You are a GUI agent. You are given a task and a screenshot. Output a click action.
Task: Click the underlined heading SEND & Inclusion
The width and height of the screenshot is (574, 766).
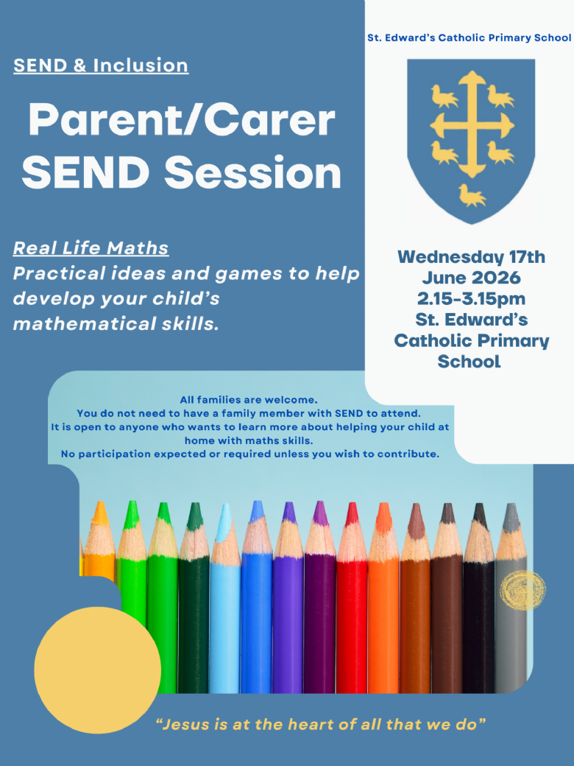tap(101, 66)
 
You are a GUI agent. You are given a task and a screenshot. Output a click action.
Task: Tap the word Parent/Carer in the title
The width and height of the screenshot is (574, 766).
tap(182, 121)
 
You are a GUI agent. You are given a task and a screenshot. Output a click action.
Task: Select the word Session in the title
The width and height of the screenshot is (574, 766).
tap(252, 173)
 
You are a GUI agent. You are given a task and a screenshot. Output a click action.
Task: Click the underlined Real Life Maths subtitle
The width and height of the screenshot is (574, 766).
tap(91, 248)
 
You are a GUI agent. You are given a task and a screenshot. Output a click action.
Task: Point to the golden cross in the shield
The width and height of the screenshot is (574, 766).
tap(472, 124)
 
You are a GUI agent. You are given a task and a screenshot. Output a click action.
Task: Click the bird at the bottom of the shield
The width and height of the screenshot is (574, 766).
tap(472, 195)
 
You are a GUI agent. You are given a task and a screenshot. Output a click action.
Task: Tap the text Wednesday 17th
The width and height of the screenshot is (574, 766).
tap(471, 257)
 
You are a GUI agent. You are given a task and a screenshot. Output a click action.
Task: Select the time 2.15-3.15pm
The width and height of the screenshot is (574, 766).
tap(471, 298)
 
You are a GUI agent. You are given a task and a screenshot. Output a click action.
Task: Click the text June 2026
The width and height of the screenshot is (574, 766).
tap(471, 278)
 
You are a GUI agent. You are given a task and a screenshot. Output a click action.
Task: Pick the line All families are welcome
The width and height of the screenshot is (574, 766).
tap(249, 400)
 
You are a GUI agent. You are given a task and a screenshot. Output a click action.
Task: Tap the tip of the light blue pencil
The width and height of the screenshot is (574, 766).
tap(225, 506)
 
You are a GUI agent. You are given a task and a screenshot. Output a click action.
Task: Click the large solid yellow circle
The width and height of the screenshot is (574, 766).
tap(98, 670)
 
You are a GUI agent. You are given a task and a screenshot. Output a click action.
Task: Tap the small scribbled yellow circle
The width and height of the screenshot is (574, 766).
tap(522, 590)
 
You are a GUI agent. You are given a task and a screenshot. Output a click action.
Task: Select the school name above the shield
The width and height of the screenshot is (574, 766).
tap(469, 38)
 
